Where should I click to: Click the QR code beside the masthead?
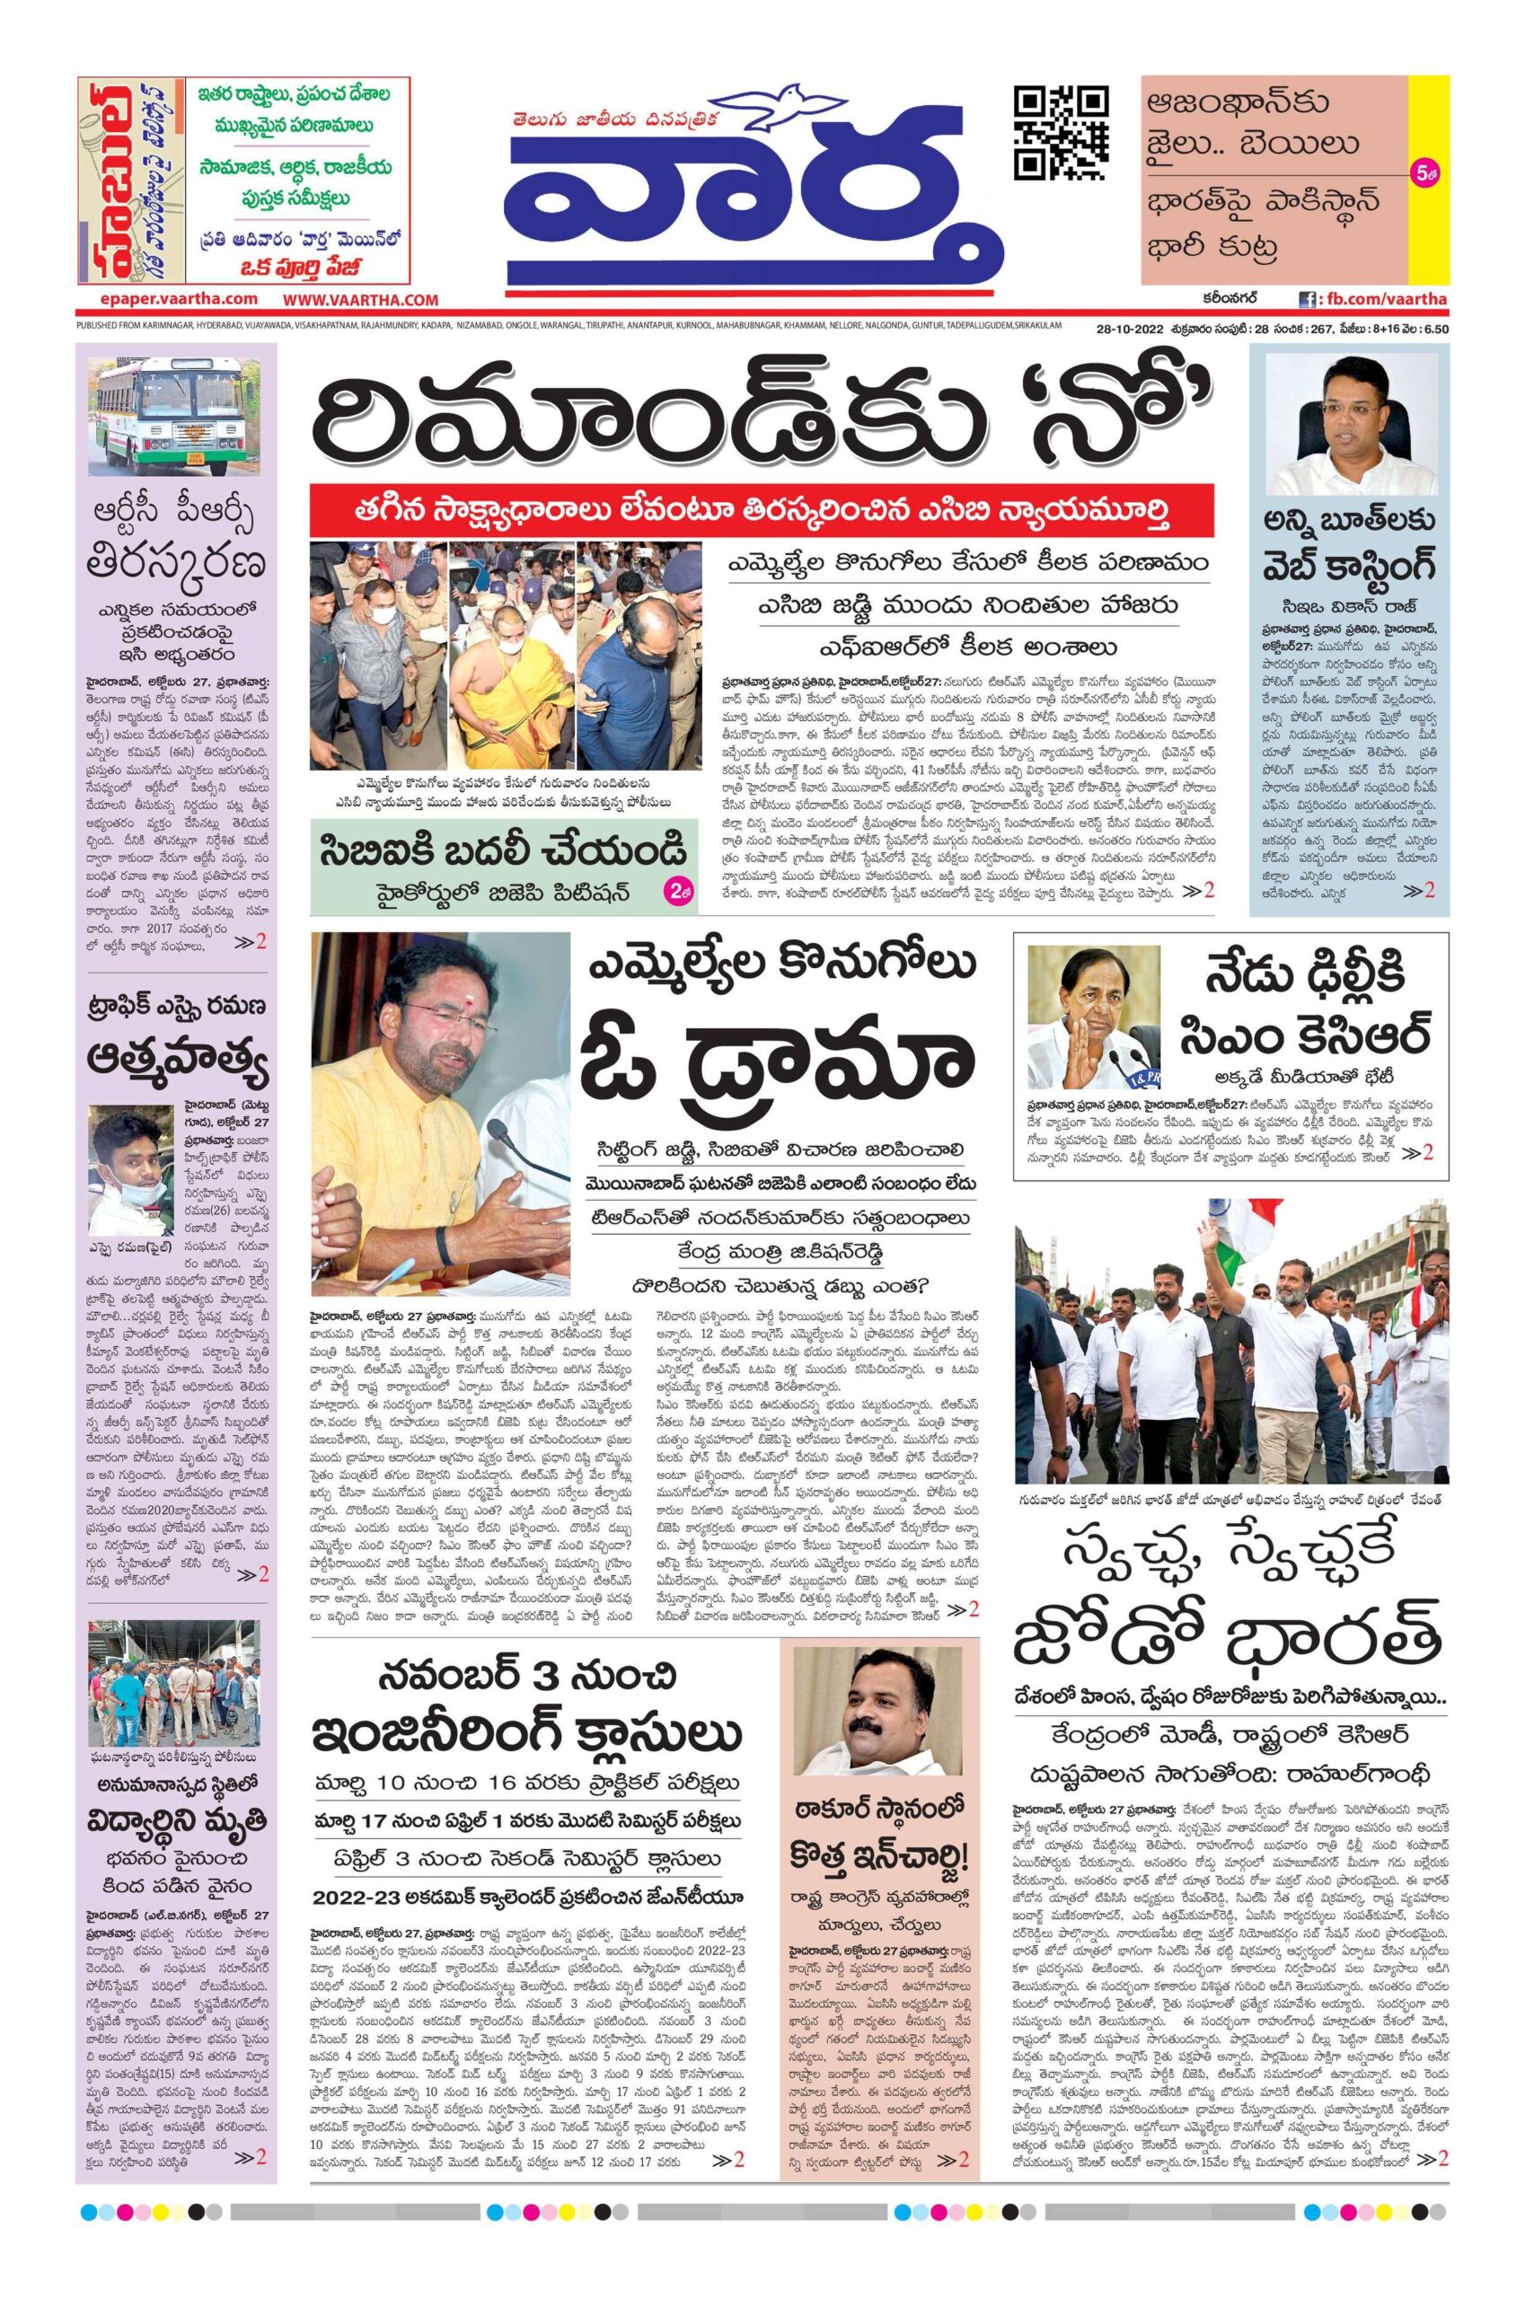click(x=1061, y=132)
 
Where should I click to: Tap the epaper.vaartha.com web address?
click(x=167, y=300)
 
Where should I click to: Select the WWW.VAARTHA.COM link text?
click(x=361, y=301)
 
